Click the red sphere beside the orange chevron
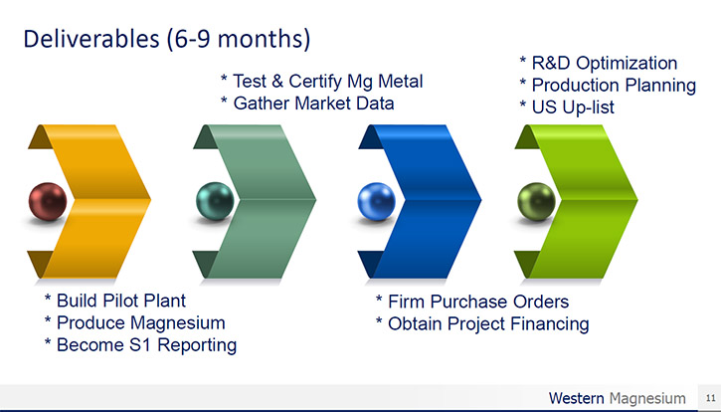[48, 202]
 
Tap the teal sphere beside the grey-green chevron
[215, 201]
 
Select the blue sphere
[377, 202]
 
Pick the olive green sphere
[537, 202]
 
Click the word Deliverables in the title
[91, 39]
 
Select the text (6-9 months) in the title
[239, 40]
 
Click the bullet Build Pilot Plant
[115, 301]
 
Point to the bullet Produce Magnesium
[134, 322]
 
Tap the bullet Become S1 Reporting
[140, 345]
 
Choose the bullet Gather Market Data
[307, 103]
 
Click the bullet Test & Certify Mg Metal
[321, 82]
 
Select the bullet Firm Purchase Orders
[472, 302]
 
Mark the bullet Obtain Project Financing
[482, 324]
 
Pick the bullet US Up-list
[567, 107]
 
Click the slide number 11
[710, 398]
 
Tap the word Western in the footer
[576, 398]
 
